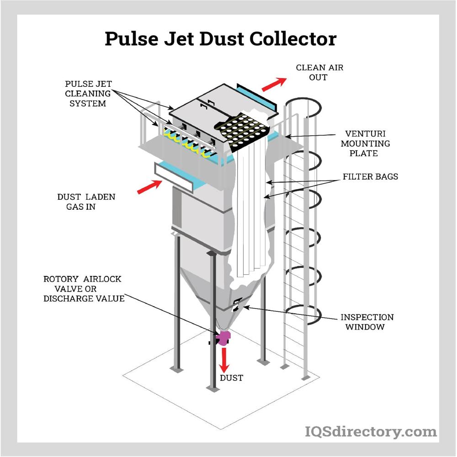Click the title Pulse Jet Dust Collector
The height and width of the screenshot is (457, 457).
[x=220, y=39]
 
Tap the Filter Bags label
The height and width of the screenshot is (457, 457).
[x=370, y=176]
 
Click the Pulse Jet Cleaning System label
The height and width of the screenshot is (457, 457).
[x=88, y=94]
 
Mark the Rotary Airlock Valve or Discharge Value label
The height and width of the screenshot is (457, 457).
[x=83, y=288]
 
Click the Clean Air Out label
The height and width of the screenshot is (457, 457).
[x=319, y=72]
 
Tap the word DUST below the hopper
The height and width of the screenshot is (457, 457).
[x=231, y=378]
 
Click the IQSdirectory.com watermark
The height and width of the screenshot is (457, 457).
[x=370, y=431]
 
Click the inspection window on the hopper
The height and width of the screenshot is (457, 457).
[x=237, y=305]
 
